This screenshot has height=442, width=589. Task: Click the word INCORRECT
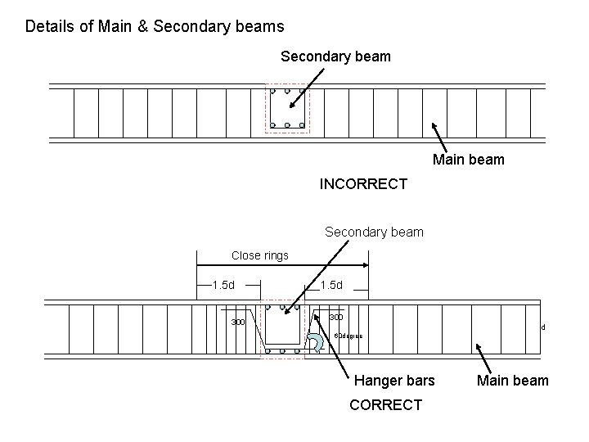point(362,184)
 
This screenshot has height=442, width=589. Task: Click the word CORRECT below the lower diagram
point(385,404)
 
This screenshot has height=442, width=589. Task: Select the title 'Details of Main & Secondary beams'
point(155,26)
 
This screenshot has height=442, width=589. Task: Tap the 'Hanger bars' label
point(394,380)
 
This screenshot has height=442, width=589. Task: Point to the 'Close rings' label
point(259,255)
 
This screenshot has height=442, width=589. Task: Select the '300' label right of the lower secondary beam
point(335,317)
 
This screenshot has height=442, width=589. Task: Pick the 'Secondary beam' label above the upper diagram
point(335,56)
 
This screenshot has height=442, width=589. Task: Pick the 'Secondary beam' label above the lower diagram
point(374,232)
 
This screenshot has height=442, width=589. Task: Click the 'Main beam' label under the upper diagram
point(468,160)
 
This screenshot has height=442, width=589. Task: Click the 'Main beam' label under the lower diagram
point(514,380)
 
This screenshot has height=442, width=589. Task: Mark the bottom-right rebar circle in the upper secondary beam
point(302,125)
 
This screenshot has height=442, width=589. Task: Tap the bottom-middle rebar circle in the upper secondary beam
point(288,125)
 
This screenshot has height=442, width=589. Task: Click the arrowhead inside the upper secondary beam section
point(289,105)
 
